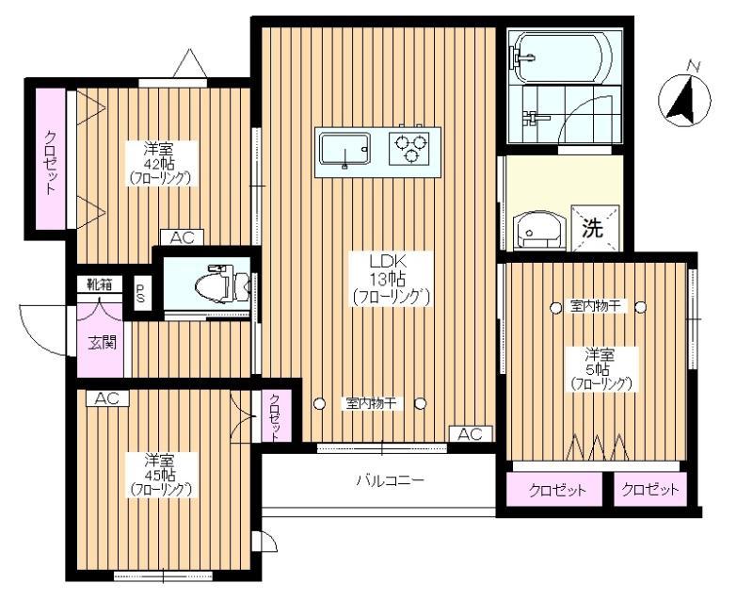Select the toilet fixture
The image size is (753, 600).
222,284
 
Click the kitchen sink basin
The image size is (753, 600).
344,149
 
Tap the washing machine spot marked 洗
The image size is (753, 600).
595,229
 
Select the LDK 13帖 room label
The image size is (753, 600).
389,279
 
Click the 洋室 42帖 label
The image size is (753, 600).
160,163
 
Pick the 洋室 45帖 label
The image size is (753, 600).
161,475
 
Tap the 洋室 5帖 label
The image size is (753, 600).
601,369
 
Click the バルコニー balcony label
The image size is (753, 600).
390,479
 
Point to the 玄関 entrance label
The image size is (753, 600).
103,342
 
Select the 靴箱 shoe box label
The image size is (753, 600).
100,284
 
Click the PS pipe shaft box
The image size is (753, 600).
140,293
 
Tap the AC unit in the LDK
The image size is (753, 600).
471,434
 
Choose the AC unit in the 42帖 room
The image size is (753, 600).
182,237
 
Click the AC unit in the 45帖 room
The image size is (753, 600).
107,398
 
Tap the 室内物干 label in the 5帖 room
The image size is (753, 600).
599,306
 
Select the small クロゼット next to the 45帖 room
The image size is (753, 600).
276,416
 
